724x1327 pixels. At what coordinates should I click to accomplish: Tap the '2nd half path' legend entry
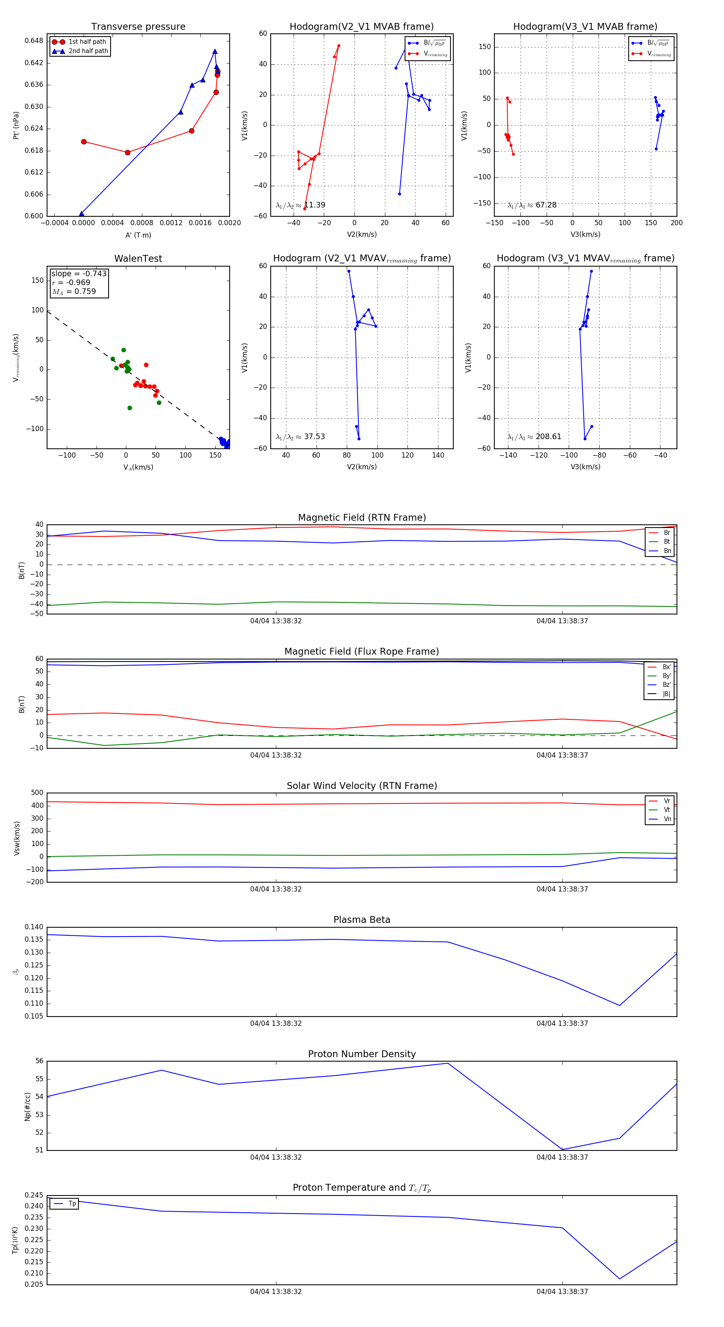point(88,51)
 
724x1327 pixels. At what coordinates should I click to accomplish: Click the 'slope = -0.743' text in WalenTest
point(79,273)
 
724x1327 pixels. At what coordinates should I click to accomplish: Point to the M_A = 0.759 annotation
point(74,292)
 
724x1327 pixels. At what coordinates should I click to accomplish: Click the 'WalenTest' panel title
point(138,259)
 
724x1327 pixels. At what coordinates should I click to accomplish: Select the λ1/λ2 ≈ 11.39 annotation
point(300,205)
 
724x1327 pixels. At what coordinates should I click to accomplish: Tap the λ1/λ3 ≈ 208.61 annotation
point(534,437)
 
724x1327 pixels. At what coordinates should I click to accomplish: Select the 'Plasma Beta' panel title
point(362,920)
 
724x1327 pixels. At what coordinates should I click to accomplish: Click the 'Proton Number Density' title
point(362,1054)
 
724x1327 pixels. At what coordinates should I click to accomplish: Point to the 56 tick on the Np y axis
point(39,1061)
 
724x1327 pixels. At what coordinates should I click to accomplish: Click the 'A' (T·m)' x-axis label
point(138,235)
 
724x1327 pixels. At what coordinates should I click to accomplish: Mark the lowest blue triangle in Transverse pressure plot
point(81,214)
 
